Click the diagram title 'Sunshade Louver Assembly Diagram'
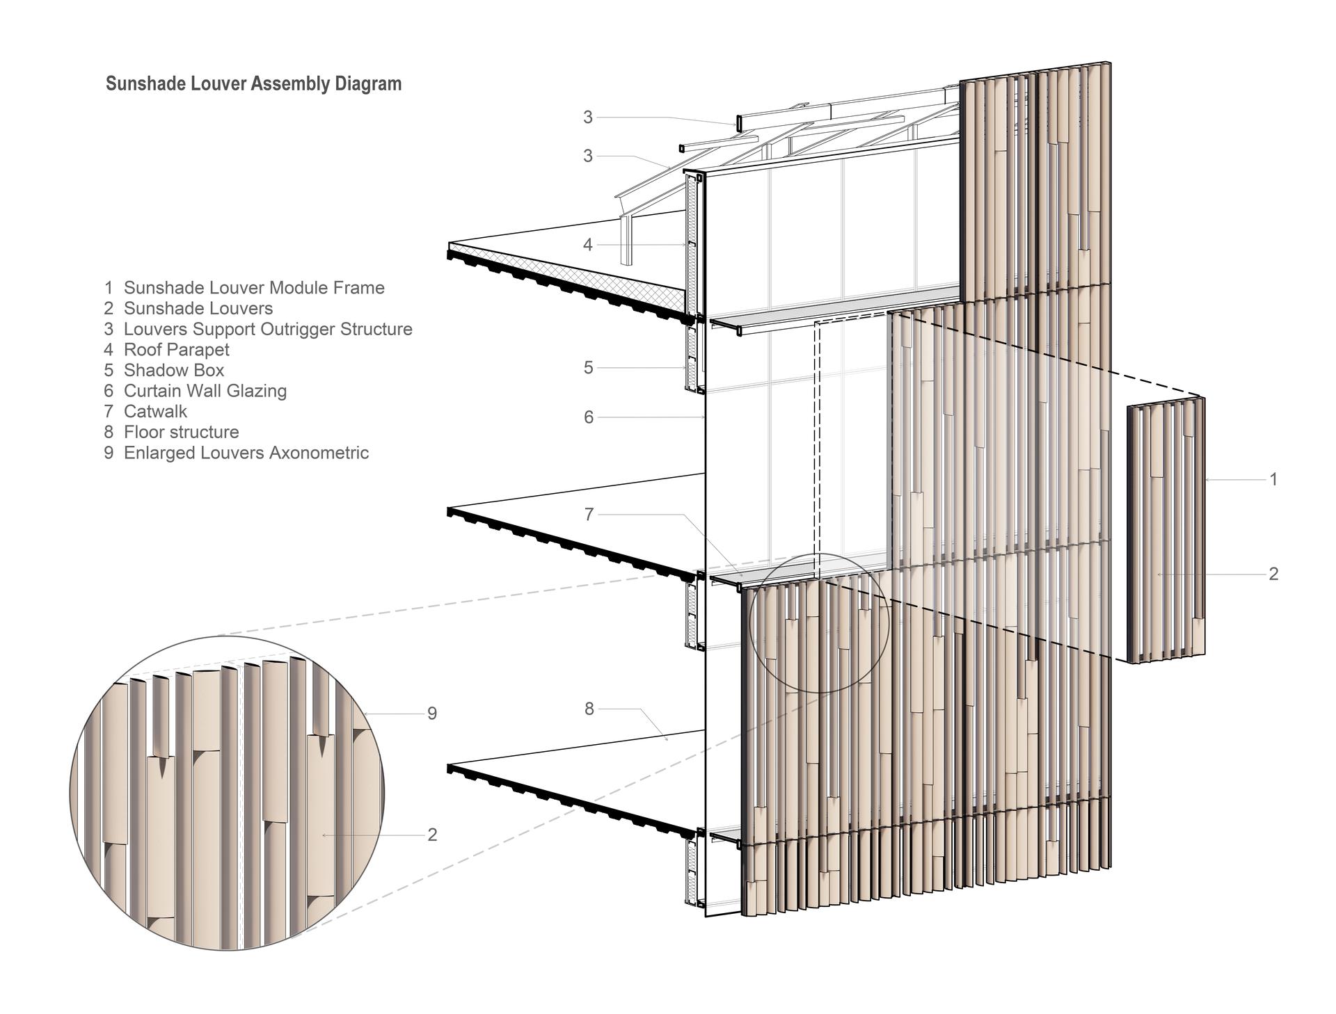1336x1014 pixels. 253,84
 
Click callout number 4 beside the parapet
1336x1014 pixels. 588,245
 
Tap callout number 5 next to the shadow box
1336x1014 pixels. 589,368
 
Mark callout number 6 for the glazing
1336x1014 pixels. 589,417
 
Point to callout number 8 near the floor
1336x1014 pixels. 589,709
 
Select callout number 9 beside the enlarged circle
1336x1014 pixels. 432,714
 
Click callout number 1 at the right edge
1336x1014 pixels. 1273,479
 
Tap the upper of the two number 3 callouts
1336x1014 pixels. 588,118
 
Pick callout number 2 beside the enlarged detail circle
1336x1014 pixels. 432,835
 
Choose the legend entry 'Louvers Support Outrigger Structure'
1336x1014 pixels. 268,329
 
